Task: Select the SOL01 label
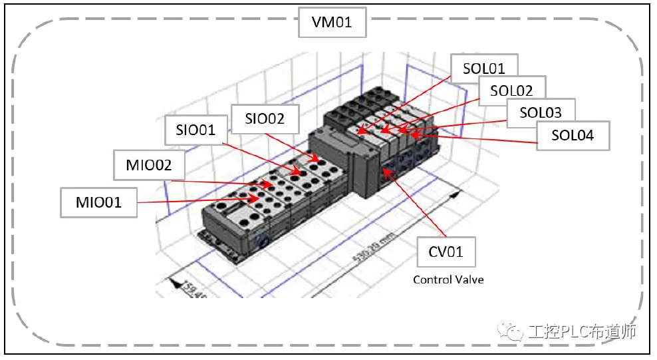point(483,69)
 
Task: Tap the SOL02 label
point(512,90)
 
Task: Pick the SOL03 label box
point(541,112)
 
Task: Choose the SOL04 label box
point(573,135)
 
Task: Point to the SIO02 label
point(265,119)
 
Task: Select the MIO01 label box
point(98,202)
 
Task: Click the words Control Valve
point(448,279)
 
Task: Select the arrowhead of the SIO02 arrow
point(317,160)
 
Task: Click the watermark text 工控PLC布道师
point(584,330)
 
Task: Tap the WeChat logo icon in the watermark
point(515,330)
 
